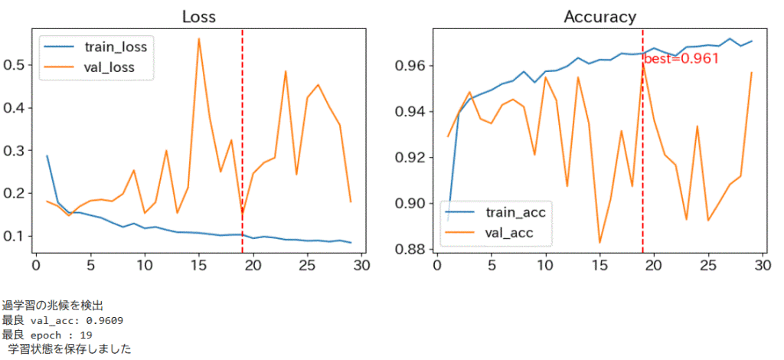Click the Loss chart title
pos(198,17)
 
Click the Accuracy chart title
pos(599,17)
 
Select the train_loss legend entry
pos(116,47)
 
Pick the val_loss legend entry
pos(109,67)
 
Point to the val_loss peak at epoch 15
pos(199,39)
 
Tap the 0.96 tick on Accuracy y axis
pos(411,66)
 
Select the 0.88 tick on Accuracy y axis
pos(411,250)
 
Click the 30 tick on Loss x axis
pos(361,266)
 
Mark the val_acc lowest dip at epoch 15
pos(599,243)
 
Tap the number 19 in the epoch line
pos(86,335)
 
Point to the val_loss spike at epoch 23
pos(286,71)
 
